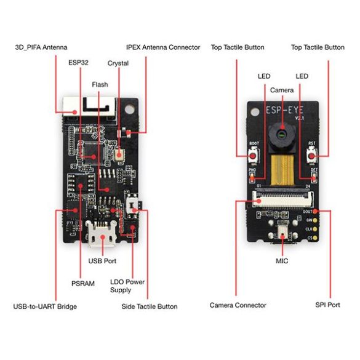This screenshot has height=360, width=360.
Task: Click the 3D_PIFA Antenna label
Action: (x=41, y=47)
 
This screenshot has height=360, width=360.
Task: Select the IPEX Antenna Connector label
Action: (x=163, y=47)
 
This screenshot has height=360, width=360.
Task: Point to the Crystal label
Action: (x=118, y=63)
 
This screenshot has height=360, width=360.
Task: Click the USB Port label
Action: (x=103, y=261)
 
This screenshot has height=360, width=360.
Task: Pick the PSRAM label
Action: (x=83, y=284)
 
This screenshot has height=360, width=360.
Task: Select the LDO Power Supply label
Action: (x=127, y=286)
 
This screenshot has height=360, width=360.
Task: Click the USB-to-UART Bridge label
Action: (x=45, y=306)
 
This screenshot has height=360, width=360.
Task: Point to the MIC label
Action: (x=282, y=261)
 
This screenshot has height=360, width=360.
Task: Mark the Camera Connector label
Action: (x=238, y=305)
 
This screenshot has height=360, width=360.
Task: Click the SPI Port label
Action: (x=328, y=305)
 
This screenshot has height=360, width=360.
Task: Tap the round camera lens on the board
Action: (x=281, y=132)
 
